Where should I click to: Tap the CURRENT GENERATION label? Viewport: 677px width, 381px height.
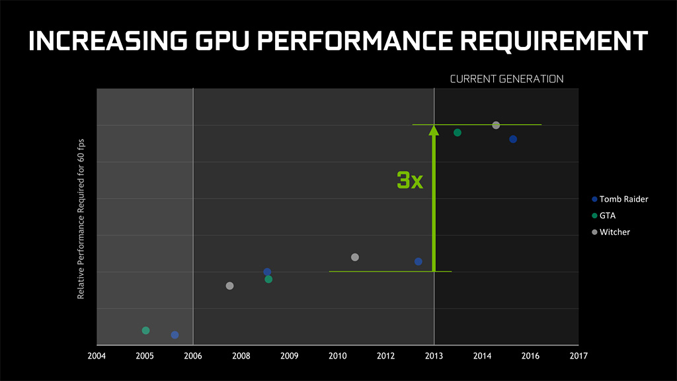(506, 79)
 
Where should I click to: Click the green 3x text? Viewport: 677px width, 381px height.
(410, 180)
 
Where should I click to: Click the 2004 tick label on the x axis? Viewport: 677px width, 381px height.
(97, 356)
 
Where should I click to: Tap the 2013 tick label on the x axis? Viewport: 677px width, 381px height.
(434, 356)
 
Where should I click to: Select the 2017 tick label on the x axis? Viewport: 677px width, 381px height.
(578, 356)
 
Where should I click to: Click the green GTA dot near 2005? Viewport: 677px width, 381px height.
(145, 330)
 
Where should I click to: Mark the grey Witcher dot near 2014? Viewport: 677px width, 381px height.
(496, 125)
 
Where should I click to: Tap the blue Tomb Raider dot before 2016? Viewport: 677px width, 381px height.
(513, 139)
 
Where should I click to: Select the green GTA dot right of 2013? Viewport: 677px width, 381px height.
(458, 132)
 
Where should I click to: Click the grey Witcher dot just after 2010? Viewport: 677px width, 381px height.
(355, 257)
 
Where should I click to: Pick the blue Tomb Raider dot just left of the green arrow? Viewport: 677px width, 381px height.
(418, 261)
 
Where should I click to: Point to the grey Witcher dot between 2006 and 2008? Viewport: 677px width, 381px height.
(229, 286)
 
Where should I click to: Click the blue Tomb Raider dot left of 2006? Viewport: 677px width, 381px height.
(175, 335)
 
